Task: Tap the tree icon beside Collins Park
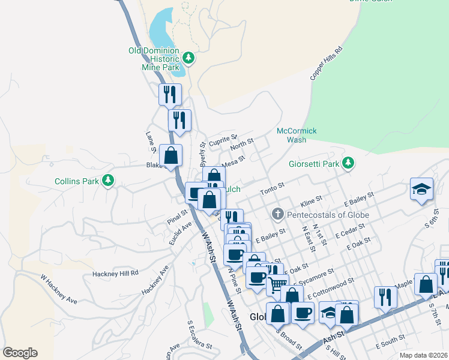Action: point(108,180)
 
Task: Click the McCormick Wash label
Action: point(297,135)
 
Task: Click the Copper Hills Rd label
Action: point(326,64)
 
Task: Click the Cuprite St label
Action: point(226,139)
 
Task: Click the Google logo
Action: point(20,353)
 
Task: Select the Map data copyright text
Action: point(423,355)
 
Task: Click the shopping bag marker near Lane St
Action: point(171,155)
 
